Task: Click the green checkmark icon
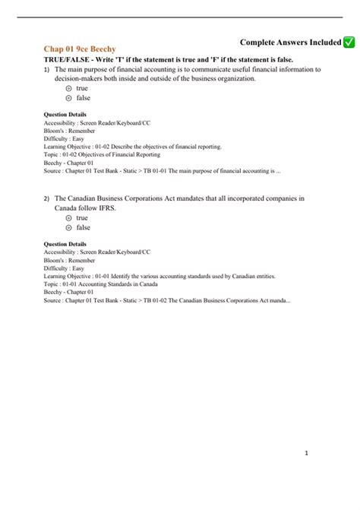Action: (x=349, y=43)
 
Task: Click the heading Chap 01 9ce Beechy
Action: (x=80, y=48)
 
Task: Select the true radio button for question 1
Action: (x=69, y=88)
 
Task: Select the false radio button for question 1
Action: (x=69, y=98)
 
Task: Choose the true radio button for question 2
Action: (x=69, y=217)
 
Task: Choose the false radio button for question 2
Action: (x=69, y=227)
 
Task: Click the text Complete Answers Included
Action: (x=290, y=43)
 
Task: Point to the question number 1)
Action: (x=46, y=69)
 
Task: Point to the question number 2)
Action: (x=46, y=198)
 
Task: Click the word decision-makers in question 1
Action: (x=82, y=78)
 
